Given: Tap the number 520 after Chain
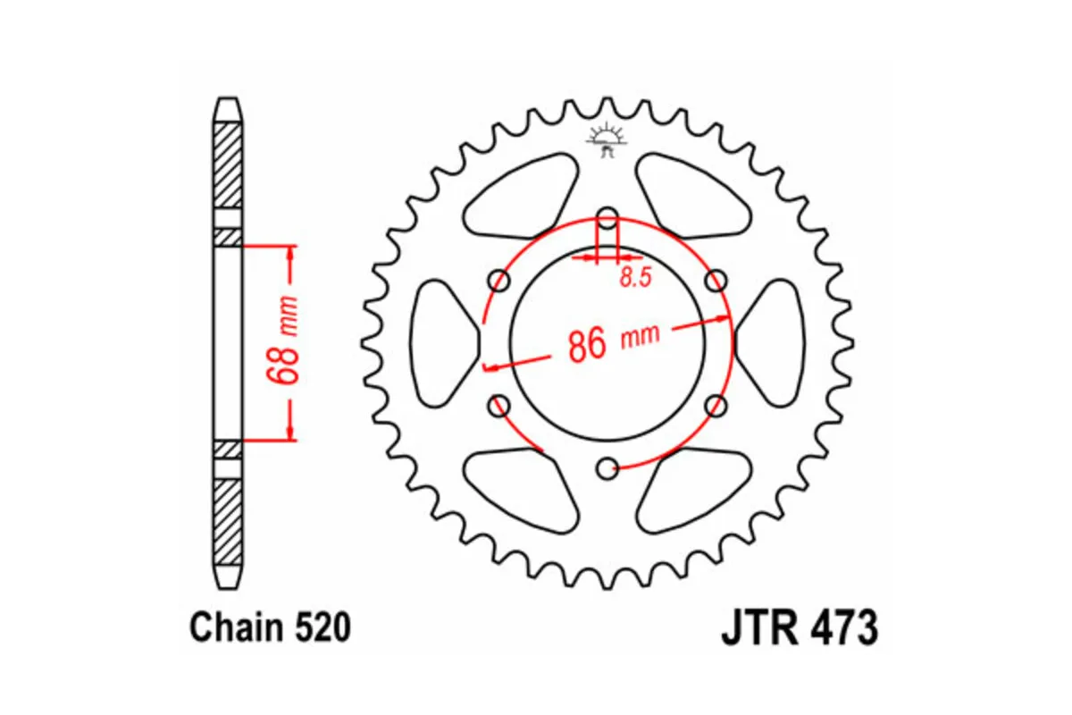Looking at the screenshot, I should coord(320,627).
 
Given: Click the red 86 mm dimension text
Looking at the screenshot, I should coord(613,341).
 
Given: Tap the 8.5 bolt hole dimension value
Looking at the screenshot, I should coord(634,277).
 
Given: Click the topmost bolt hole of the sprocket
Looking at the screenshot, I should coord(607,217).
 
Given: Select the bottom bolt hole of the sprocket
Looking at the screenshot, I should coord(607,467).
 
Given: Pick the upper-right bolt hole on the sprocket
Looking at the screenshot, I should coord(716,282).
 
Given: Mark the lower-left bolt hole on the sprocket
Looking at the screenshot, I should coord(499,406).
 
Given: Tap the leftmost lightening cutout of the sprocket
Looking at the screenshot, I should coord(444,342).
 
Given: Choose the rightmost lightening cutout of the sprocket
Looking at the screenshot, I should coord(770,342).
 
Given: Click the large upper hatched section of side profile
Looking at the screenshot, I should coord(228,165).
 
